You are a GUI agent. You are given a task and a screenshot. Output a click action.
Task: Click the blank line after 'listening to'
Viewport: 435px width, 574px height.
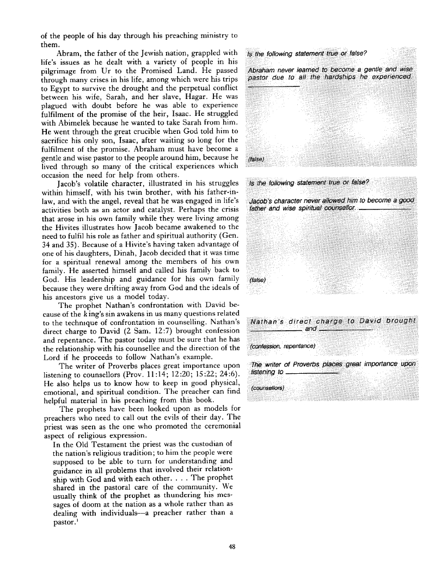pyautogui.click(x=311, y=374)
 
